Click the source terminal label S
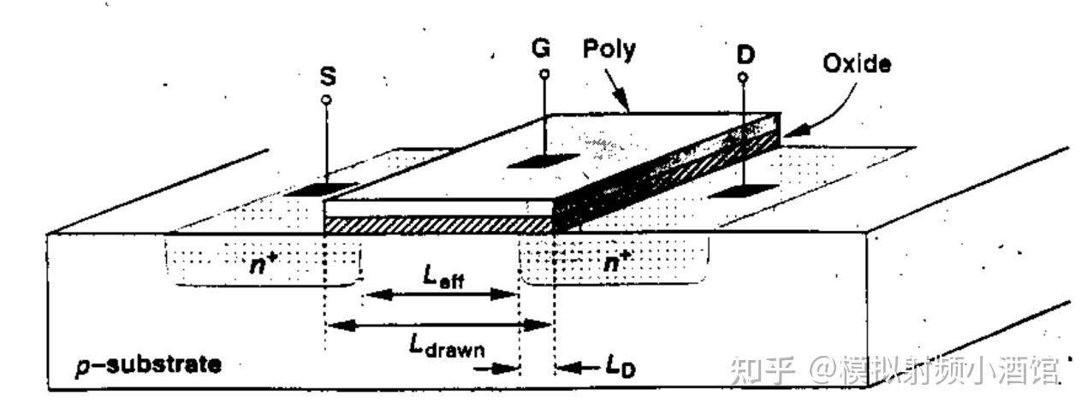tap(327, 76)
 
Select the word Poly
tap(609, 49)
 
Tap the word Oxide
tap(856, 64)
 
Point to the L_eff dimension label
tap(443, 276)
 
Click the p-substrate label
tap(148, 365)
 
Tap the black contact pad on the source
tap(310, 187)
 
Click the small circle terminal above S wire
tap(326, 100)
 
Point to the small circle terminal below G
tap(543, 74)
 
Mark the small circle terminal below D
tap(742, 79)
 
